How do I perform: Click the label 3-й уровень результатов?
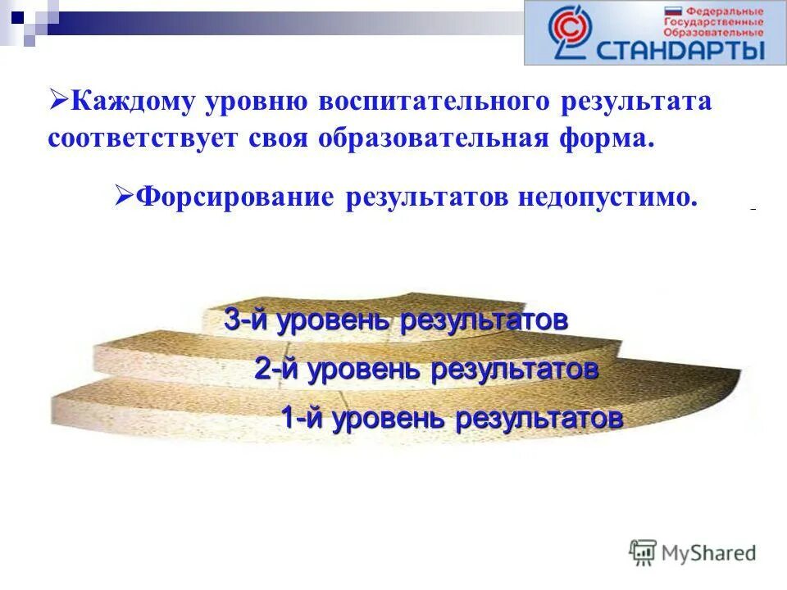pos(395,321)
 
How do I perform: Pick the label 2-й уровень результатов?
pos(425,370)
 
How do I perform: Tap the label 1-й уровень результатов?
pos(452,418)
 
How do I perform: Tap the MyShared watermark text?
pos(709,553)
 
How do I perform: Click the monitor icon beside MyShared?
pos(644,552)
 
